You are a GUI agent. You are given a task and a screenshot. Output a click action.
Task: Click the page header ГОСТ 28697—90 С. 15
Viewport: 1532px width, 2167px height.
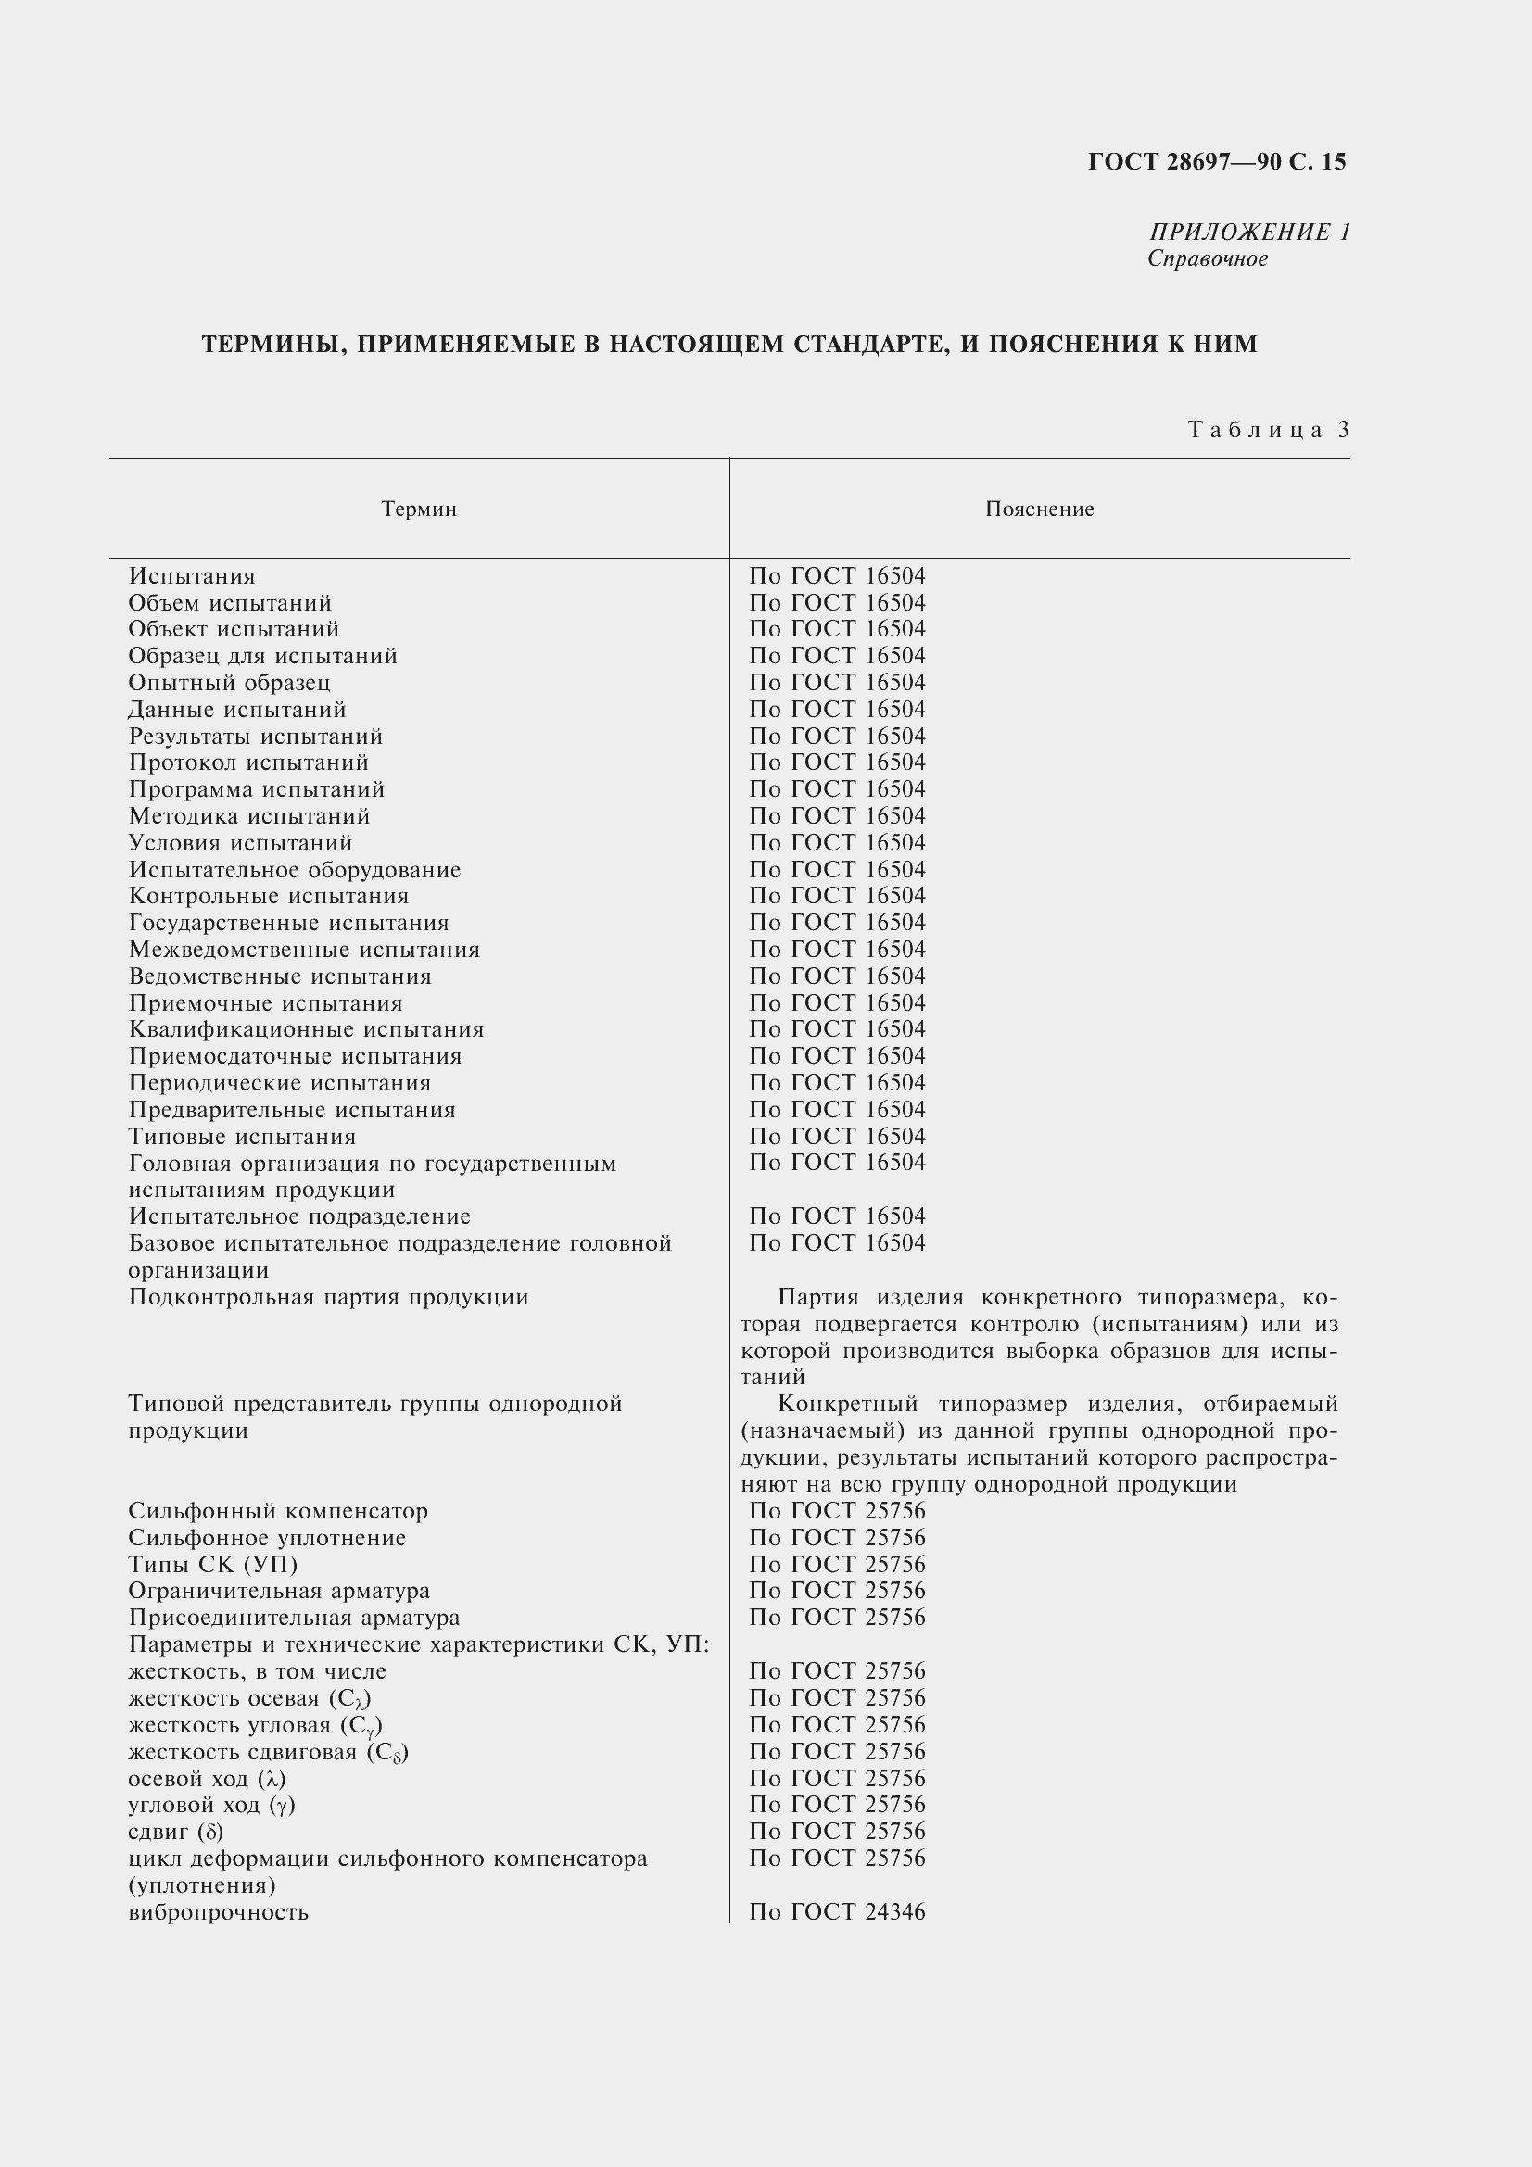(x=1217, y=162)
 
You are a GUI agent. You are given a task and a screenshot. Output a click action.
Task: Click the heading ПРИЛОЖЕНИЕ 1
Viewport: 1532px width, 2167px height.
(x=1248, y=233)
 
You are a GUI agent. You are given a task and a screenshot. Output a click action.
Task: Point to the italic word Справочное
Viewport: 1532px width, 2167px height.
(x=1208, y=258)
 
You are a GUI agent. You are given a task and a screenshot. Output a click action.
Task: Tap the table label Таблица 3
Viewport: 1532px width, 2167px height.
(x=1269, y=431)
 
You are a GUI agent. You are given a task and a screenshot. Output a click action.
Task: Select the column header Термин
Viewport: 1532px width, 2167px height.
(x=419, y=510)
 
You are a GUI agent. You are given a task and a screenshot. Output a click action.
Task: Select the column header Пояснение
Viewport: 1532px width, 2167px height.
(x=1039, y=510)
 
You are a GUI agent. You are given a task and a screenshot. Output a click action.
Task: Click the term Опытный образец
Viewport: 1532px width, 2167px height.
(x=229, y=683)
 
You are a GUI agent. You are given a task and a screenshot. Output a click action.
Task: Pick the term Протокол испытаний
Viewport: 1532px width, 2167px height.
(x=248, y=762)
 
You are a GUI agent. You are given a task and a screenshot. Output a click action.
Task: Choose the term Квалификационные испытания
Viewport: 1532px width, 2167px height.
(x=306, y=1029)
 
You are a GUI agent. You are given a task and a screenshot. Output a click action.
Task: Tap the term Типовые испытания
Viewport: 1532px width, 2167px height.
(x=243, y=1137)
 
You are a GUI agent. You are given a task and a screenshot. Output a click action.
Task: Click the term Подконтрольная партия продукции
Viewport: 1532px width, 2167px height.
(x=328, y=1297)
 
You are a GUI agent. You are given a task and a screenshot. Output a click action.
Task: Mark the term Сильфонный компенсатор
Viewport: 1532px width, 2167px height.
(x=278, y=1511)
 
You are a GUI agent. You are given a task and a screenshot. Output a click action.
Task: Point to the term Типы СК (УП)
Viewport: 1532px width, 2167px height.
(x=213, y=1565)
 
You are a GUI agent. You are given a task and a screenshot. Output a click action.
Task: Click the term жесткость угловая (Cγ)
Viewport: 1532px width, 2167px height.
(x=255, y=1725)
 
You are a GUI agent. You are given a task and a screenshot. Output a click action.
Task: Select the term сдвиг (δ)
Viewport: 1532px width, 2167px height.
(x=175, y=1832)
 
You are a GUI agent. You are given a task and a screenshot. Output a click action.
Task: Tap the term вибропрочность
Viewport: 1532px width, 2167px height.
(x=218, y=1912)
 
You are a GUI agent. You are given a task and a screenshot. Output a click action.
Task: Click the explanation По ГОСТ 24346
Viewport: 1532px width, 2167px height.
(x=837, y=1912)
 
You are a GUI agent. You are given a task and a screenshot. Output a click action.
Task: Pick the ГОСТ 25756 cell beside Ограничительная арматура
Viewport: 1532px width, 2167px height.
(x=837, y=1592)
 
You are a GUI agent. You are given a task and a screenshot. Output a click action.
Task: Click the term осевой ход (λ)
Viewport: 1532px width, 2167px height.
(x=207, y=1779)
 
